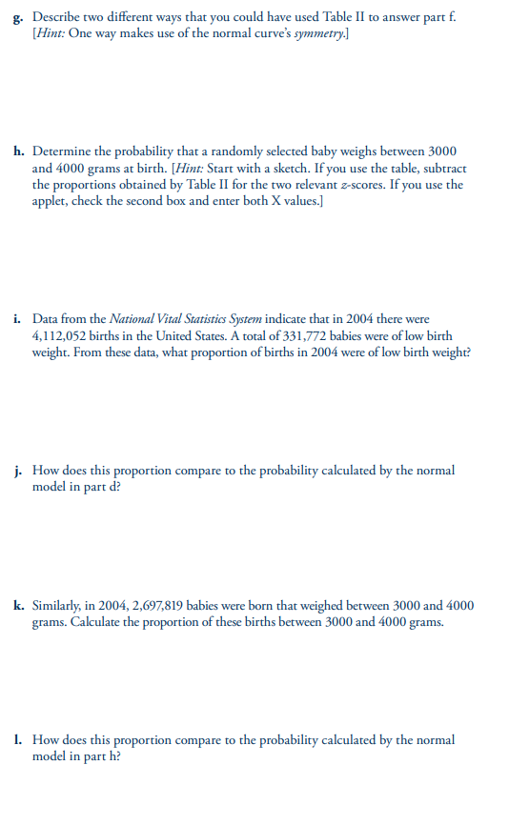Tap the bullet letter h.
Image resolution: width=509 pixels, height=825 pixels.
(19, 151)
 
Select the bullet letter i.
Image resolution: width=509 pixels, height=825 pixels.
(18, 320)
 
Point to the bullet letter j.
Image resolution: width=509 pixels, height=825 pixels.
(18, 470)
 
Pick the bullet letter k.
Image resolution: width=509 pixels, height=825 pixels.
(19, 605)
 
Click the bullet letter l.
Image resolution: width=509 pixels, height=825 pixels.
(18, 739)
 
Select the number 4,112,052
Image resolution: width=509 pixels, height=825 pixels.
(62, 336)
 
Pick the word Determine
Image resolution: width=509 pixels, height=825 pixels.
(62, 151)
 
